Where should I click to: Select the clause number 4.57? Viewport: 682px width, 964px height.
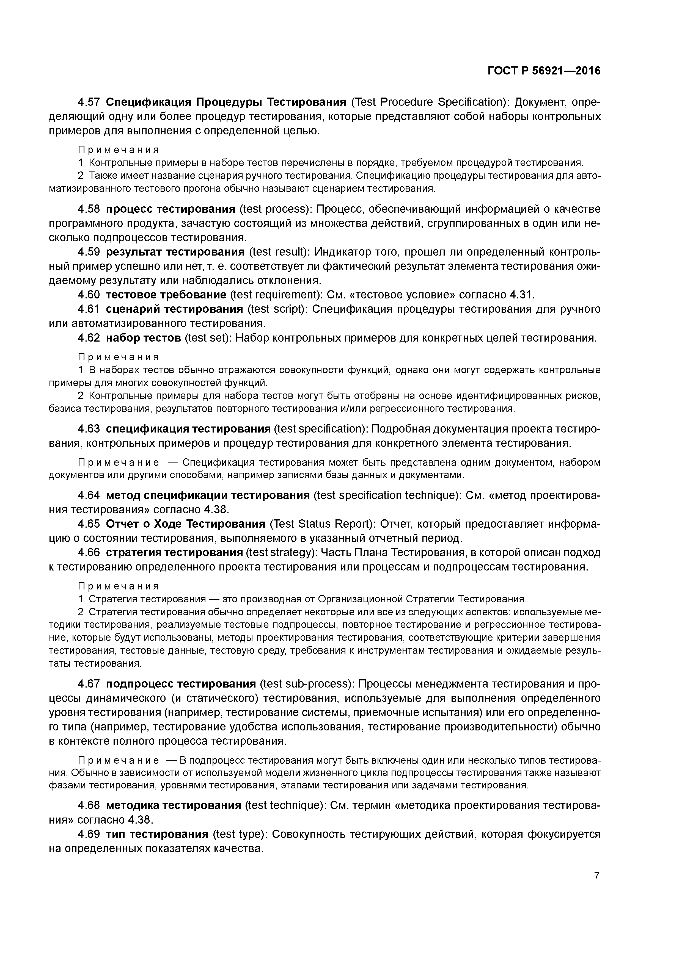[x=89, y=102]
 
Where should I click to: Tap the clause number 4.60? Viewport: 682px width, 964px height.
[x=89, y=295]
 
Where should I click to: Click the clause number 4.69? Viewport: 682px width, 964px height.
[x=89, y=833]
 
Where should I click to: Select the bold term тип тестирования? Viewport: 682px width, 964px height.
[x=157, y=833]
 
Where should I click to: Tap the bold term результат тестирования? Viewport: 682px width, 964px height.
[x=175, y=252]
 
